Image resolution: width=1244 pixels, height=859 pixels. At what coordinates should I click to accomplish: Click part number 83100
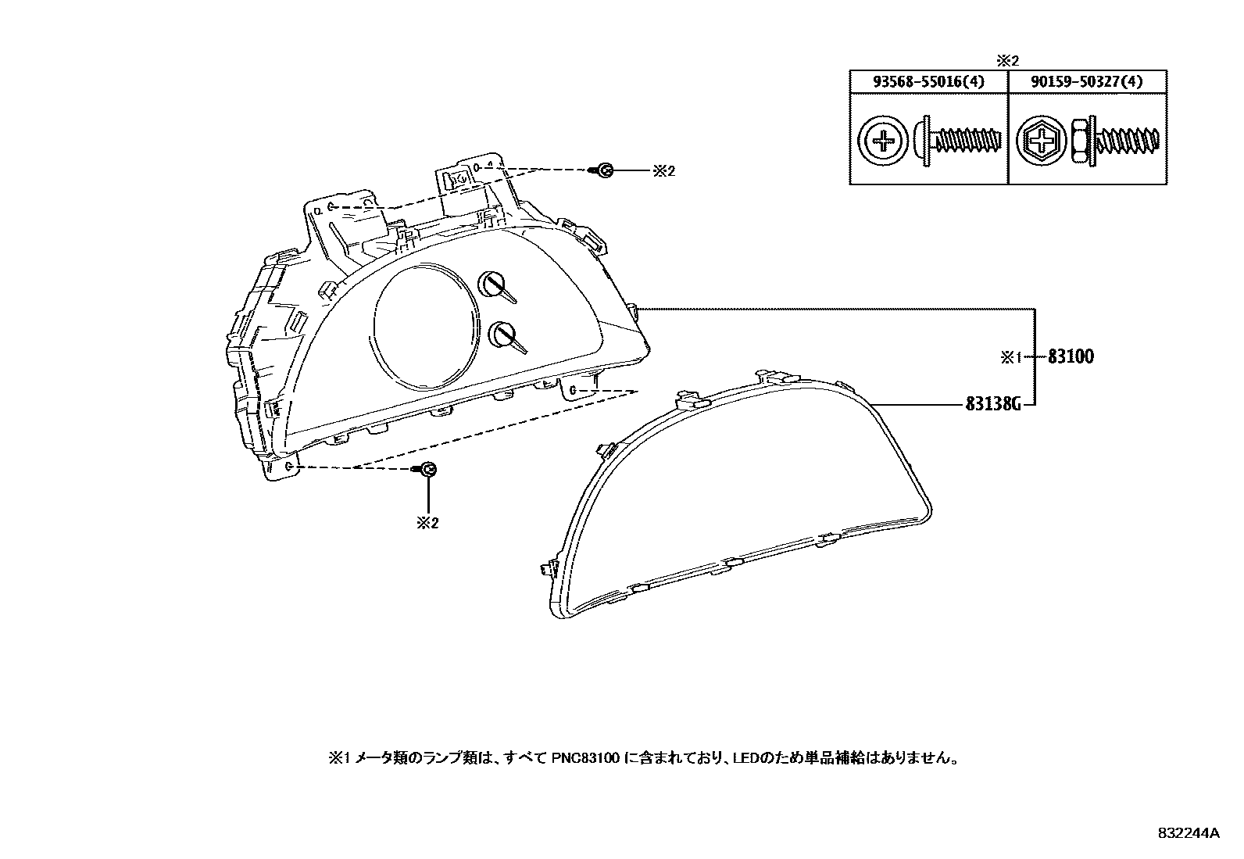(x=1071, y=357)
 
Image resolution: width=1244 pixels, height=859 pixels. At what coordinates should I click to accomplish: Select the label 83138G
(x=994, y=404)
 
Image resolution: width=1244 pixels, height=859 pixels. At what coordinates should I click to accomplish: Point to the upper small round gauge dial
(x=492, y=284)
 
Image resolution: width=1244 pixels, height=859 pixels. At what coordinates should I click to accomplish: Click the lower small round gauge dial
(x=500, y=335)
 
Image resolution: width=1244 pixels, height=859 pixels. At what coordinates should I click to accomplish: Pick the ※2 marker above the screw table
(x=1008, y=60)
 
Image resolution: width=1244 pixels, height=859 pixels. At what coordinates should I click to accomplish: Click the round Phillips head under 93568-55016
(x=883, y=143)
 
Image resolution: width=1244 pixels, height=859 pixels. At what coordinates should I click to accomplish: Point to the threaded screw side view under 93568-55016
(x=960, y=143)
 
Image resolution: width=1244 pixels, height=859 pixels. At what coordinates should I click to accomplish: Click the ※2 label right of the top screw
(x=663, y=170)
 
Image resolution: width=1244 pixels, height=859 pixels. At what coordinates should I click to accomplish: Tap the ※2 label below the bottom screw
(x=427, y=523)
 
